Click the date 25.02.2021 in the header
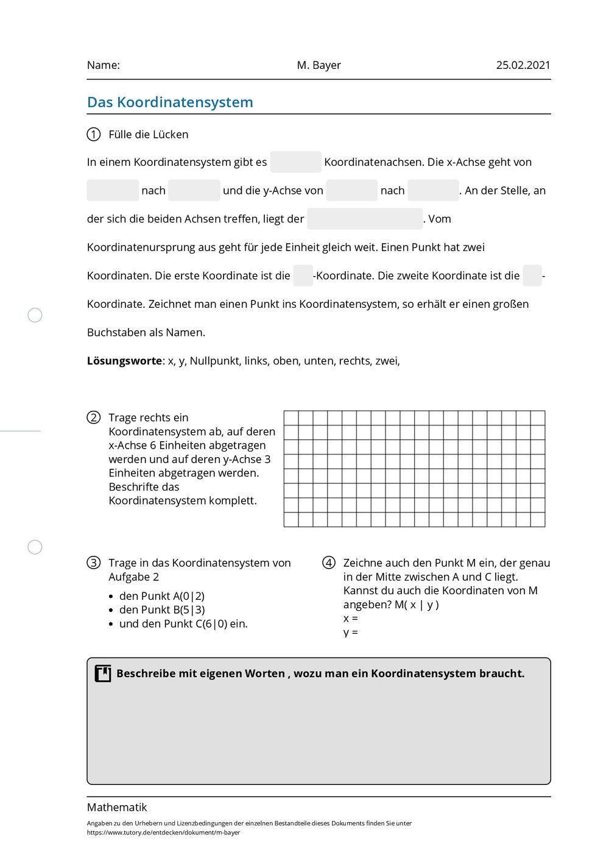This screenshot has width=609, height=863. tap(523, 65)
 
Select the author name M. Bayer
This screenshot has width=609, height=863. tap(319, 65)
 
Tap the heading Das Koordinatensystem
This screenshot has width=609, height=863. tap(170, 102)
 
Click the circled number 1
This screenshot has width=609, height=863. tap(94, 135)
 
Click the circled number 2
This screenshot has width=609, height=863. tap(94, 417)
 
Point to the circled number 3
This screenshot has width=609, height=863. tap(94, 563)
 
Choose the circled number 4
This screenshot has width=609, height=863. tap(329, 563)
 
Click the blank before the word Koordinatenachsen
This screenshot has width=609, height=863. tap(295, 162)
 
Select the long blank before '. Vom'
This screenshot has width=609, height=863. tap(365, 219)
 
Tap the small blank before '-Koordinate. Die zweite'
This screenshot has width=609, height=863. tap(303, 275)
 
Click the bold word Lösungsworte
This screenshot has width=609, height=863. tap(124, 361)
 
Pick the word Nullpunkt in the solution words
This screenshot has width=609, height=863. tap(214, 361)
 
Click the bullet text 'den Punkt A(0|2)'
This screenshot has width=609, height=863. tap(162, 596)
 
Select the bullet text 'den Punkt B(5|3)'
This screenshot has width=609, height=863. tap(162, 609)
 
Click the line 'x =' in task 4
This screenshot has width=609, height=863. tap(351, 619)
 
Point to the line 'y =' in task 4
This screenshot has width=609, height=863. tap(351, 633)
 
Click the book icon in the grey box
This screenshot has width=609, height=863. tap(103, 673)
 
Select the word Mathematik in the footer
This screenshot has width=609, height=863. tap(117, 808)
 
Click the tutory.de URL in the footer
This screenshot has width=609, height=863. tap(163, 833)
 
